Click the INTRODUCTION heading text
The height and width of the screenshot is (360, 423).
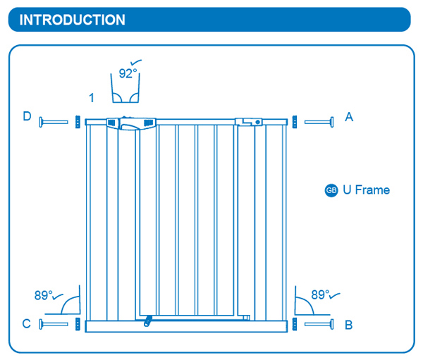[x=73, y=20]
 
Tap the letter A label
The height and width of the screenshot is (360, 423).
[x=349, y=117]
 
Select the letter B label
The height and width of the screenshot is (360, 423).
[x=349, y=325]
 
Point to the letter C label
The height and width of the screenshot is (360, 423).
[x=26, y=324]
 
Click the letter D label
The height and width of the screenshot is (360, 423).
[x=27, y=116]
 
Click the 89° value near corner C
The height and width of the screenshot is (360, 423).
[x=44, y=295]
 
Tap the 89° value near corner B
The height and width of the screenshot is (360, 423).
[x=321, y=295]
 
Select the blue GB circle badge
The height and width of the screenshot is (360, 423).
[x=331, y=190]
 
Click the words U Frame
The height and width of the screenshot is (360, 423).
[x=366, y=190]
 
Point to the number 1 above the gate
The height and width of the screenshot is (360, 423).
[x=92, y=97]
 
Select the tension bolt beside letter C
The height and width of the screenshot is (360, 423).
[x=54, y=324]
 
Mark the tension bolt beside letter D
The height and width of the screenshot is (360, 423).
[x=54, y=122]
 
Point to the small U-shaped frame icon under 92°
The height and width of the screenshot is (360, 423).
[x=128, y=92]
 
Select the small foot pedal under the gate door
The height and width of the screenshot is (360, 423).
[x=147, y=321]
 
